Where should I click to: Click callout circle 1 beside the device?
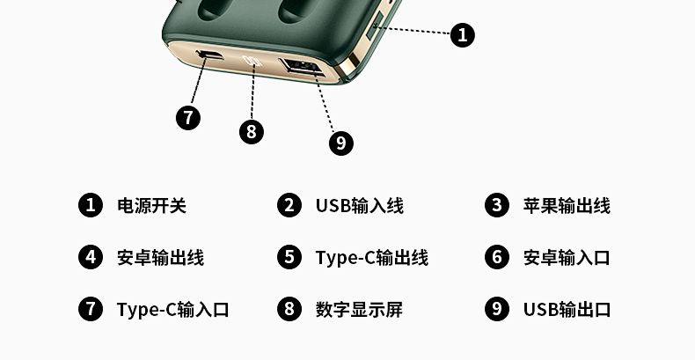point(462,35)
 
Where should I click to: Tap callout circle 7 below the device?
point(188,118)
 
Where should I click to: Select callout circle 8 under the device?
point(252,132)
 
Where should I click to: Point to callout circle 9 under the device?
point(340,143)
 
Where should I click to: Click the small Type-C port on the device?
point(209,55)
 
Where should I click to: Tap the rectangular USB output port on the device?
point(301,68)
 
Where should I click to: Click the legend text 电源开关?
point(151,206)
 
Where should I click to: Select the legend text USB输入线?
point(360,206)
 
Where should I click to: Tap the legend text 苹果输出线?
point(567,206)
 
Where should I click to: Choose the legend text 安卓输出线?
point(160,258)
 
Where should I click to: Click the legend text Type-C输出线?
point(372,258)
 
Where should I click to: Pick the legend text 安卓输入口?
point(567,258)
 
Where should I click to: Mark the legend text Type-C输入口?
point(172,310)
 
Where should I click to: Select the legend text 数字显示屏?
point(359,310)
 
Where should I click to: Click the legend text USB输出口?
point(567,310)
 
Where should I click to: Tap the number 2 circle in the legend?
point(289,205)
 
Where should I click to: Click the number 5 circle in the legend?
point(289,257)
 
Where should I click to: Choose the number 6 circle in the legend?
point(497,257)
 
